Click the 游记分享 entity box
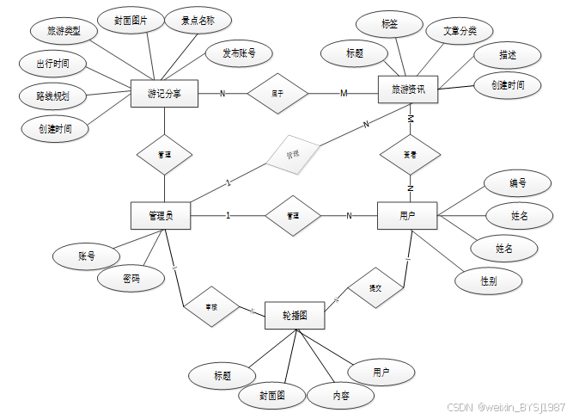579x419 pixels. pos(164,93)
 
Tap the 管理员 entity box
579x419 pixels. pos(161,215)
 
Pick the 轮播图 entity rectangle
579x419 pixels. pos(295,316)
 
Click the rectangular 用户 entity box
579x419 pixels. pos(407,215)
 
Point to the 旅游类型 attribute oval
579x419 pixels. pos(64,32)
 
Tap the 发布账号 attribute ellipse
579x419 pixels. pos(239,53)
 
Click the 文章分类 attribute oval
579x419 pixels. pos(460,31)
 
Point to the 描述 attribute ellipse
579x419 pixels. pos(508,54)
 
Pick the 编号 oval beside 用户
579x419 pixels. pos(517,182)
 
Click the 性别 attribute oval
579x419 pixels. pos(488,280)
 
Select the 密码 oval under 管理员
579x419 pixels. pos(131,278)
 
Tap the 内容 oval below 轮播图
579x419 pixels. pos(341,396)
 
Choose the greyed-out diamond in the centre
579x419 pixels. pos(292,153)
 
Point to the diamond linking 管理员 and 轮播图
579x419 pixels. pos(210,305)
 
